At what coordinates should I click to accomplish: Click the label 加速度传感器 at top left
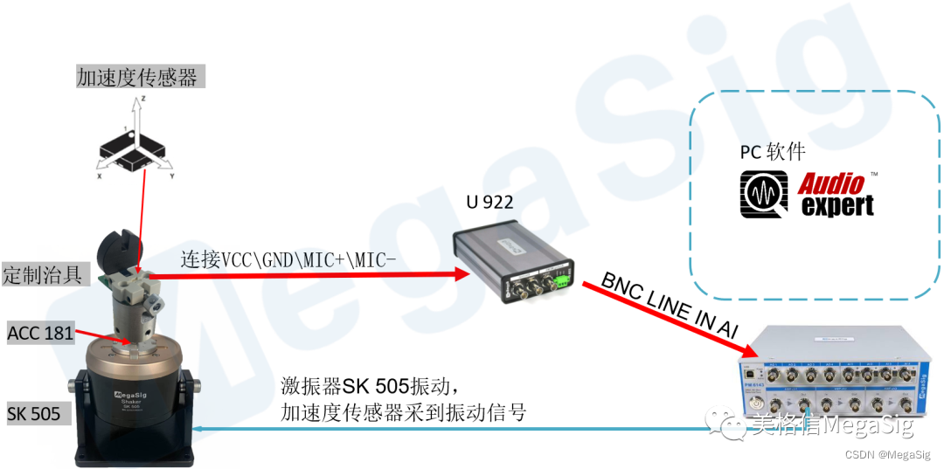[x=139, y=77]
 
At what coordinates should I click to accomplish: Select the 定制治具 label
[x=43, y=274]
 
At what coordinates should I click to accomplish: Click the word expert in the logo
[x=837, y=206]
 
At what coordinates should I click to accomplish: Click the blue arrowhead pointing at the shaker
[x=199, y=428]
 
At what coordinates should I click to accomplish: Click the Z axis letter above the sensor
[x=142, y=101]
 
